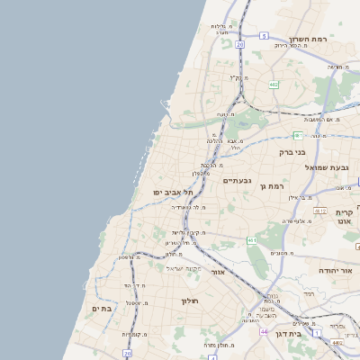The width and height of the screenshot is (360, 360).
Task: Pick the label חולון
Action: point(188,301)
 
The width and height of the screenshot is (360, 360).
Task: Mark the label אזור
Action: point(218,270)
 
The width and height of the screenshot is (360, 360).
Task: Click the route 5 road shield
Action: point(264,35)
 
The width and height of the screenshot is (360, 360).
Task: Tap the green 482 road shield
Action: point(272,85)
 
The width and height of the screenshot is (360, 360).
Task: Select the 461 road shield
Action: point(253,240)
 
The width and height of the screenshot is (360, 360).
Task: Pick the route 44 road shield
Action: point(264,331)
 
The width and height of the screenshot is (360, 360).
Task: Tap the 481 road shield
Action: point(298,135)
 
